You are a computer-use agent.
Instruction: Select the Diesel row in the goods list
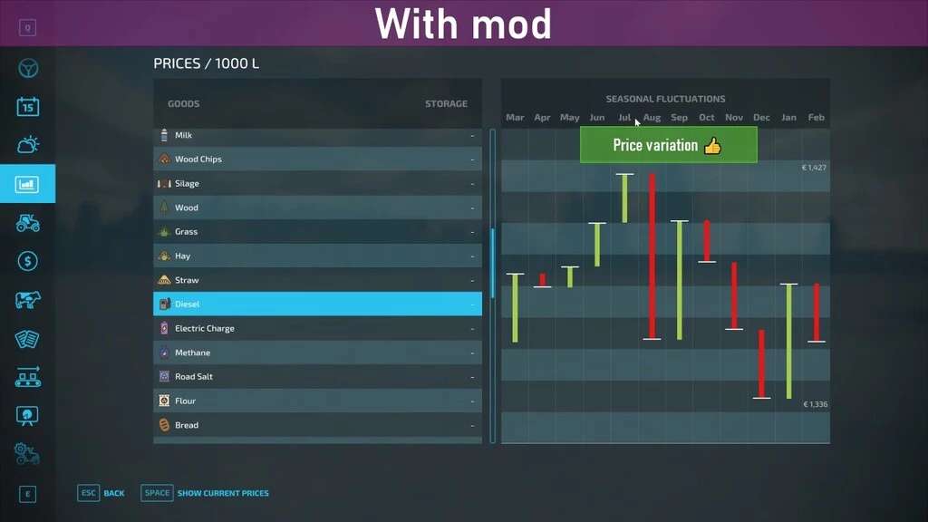click(317, 304)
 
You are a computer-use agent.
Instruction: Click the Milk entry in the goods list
click(183, 135)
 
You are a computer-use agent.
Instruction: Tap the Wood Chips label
click(198, 159)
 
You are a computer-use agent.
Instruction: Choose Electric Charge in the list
click(204, 329)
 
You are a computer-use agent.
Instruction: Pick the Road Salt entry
click(193, 377)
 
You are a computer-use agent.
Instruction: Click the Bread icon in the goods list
click(164, 425)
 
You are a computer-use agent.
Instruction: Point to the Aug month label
click(652, 118)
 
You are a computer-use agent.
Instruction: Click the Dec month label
click(761, 118)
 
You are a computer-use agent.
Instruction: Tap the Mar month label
click(515, 118)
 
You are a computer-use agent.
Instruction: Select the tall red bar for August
click(652, 256)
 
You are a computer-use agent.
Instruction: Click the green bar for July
click(624, 198)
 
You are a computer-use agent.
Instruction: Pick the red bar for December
click(761, 362)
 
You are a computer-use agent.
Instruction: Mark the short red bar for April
click(543, 280)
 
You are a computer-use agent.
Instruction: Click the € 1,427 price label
click(814, 168)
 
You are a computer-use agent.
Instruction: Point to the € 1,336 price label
click(814, 404)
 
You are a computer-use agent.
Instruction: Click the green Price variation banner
click(668, 145)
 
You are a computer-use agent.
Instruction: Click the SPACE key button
click(157, 493)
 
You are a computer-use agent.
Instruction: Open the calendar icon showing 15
click(28, 107)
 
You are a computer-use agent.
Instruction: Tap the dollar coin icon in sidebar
click(28, 261)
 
